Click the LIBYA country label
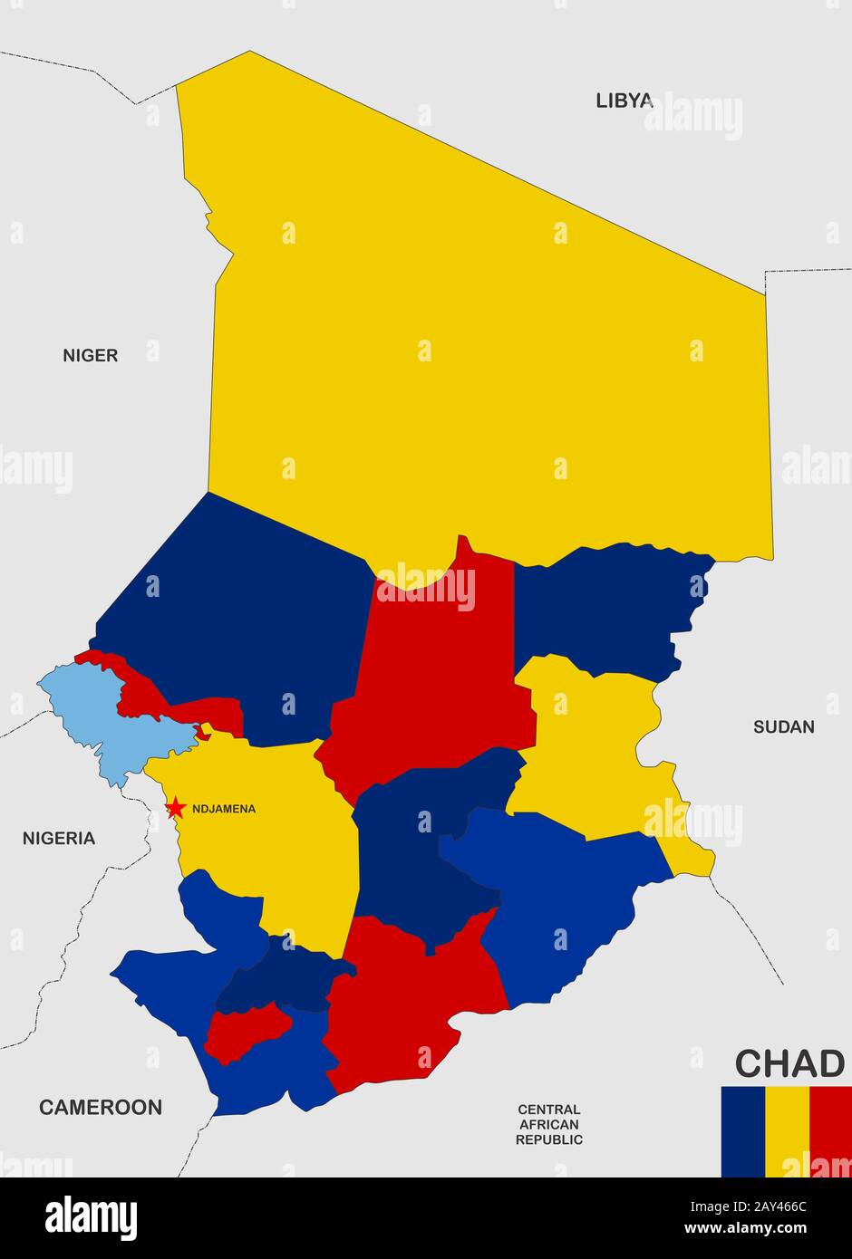coord(624,101)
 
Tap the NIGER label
coord(90,355)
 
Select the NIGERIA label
coord(58,838)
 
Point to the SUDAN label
coord(783,726)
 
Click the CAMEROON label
coord(100,1106)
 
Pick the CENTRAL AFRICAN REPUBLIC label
coord(548,1124)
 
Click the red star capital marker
coord(175,807)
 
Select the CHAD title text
coord(789,1063)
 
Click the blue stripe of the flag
coord(742,1131)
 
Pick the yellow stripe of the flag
coord(787,1131)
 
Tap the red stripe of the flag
coord(830,1131)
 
